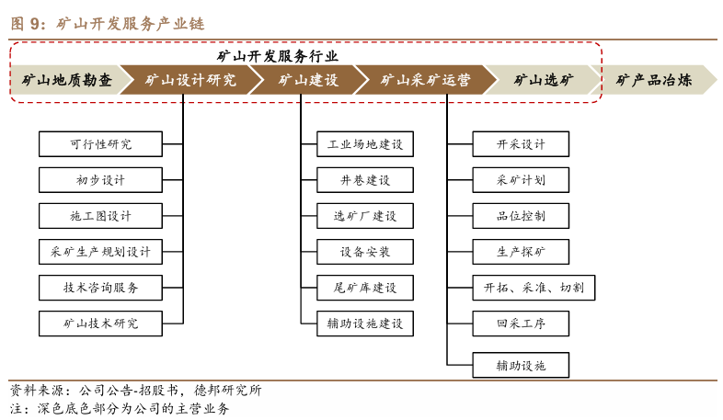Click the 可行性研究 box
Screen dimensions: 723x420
(x=100, y=144)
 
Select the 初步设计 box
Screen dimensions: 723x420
(x=100, y=180)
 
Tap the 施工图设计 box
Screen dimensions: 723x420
(x=100, y=216)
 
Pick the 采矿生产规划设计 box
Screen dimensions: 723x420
(x=100, y=252)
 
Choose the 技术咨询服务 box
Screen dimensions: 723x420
(x=100, y=288)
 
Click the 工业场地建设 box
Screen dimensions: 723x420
(x=365, y=144)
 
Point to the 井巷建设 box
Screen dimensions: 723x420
(x=365, y=180)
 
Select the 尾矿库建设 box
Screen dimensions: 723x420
(x=365, y=288)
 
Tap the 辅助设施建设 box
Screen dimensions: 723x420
(x=365, y=324)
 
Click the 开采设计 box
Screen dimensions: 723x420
(x=521, y=144)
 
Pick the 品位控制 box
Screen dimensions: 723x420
(x=521, y=216)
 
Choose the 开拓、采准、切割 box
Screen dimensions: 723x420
(x=534, y=288)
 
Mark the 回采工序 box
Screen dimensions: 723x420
(x=521, y=324)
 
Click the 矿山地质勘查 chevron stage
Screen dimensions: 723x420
(x=67, y=80)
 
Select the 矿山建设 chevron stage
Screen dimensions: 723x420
(x=308, y=80)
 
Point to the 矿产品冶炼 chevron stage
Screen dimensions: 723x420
(x=654, y=80)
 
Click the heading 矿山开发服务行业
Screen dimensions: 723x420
(x=278, y=57)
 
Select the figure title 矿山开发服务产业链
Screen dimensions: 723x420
(x=131, y=24)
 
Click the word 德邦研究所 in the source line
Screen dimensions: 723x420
(x=228, y=391)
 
